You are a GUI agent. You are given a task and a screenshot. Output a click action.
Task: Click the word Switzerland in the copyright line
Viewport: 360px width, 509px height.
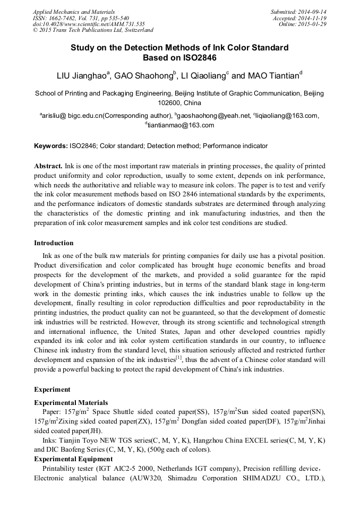(136, 30)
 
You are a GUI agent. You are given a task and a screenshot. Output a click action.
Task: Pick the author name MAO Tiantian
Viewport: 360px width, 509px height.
(273, 76)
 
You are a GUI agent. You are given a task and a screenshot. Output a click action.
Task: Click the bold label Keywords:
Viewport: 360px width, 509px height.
(51, 145)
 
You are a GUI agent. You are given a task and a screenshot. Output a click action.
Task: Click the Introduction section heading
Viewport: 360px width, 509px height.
(54, 243)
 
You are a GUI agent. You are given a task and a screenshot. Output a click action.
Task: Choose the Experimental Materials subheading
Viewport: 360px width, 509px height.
(71, 402)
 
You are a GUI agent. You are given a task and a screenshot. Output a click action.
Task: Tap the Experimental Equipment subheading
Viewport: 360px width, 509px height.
(73, 459)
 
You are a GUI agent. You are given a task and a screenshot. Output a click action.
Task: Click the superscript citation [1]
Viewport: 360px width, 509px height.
(179, 359)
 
